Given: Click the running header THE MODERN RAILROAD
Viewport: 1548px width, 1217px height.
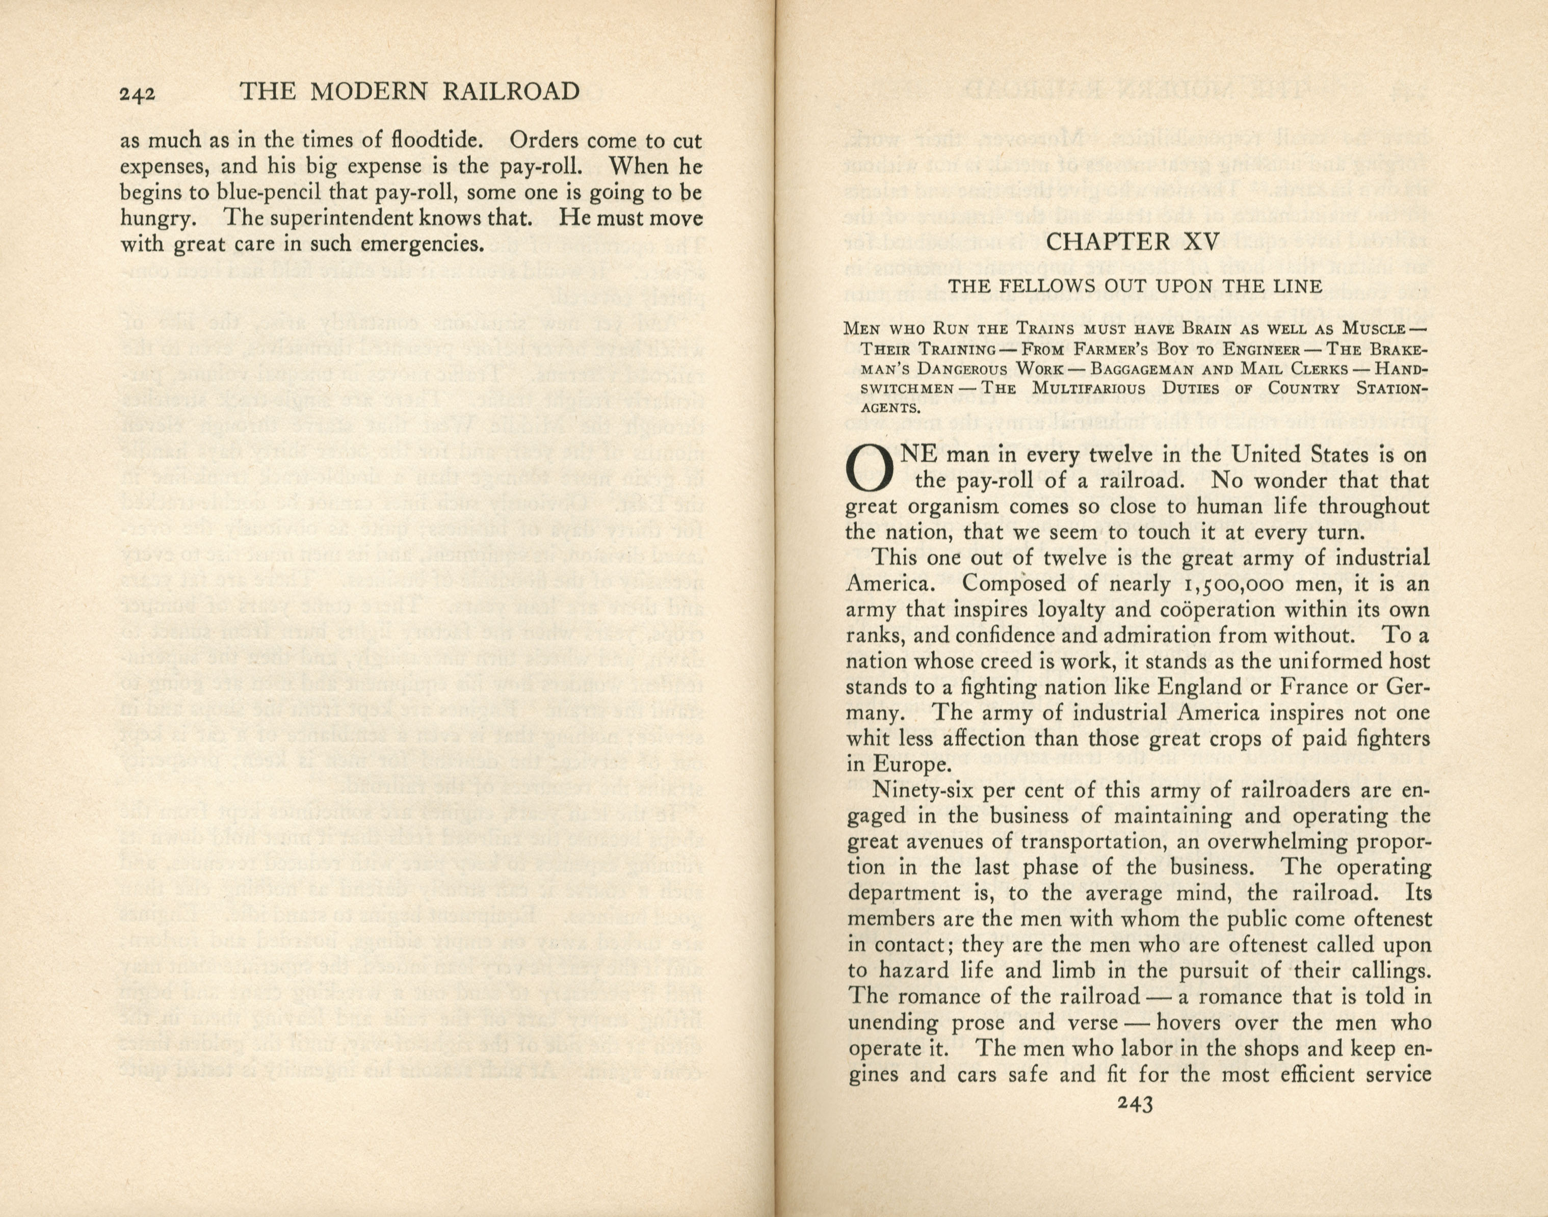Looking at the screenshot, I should pyautogui.click(x=410, y=92).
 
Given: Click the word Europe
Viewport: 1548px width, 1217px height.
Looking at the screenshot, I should pyautogui.click(x=906, y=764).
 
